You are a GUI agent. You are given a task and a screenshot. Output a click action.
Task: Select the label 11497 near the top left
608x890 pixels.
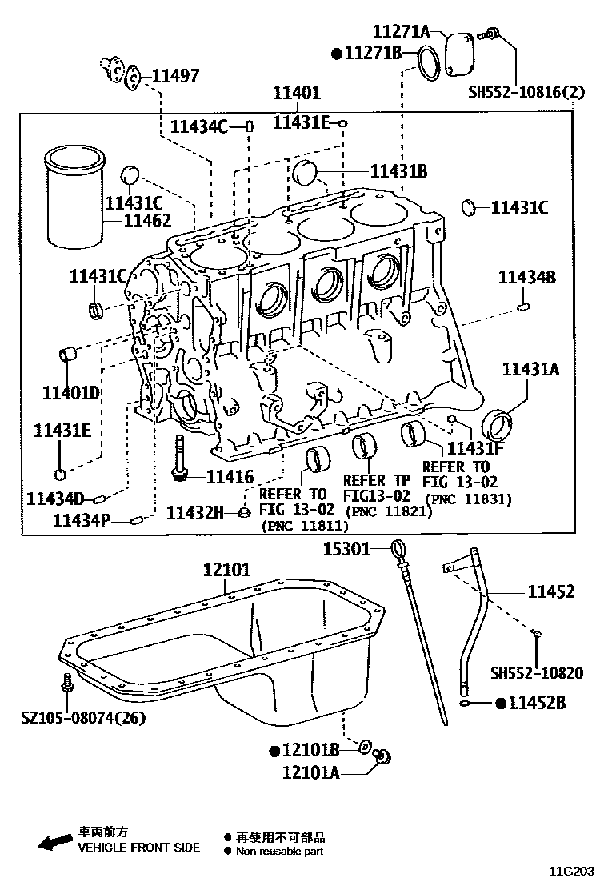(x=175, y=76)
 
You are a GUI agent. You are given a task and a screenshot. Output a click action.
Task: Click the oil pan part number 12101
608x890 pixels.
(x=226, y=570)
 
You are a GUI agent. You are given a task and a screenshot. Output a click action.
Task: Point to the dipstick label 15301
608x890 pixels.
(x=346, y=549)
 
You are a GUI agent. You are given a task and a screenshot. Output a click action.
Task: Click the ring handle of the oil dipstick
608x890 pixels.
(x=400, y=549)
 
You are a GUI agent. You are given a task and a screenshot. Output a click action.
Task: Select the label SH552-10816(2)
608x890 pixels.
(x=526, y=91)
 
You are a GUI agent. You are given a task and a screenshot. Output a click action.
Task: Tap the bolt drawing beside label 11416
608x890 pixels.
(x=180, y=459)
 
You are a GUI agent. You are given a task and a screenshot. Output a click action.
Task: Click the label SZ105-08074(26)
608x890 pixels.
(x=84, y=718)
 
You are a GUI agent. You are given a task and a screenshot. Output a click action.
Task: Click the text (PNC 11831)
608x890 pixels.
(x=469, y=498)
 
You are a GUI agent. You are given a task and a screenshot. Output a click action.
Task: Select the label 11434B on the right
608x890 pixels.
(x=526, y=277)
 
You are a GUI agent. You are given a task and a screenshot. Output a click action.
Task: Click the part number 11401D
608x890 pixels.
(x=70, y=392)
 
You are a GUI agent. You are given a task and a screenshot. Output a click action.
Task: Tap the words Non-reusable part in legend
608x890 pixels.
(x=279, y=852)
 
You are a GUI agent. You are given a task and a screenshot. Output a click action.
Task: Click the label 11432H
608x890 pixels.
(x=195, y=512)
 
